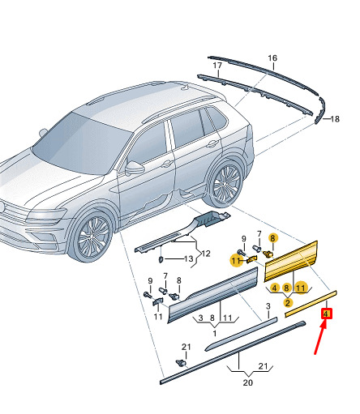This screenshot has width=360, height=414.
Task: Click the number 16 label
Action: pos(272,58)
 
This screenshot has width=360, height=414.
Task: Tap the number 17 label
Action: pos(217,66)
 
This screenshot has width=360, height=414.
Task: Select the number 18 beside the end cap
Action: pos(335,119)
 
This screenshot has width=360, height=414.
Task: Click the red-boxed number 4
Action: pos(326,314)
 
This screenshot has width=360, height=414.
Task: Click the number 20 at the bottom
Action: pos(248,382)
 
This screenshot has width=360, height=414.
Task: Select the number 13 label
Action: pos(189,259)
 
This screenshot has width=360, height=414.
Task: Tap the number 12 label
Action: pos(206,254)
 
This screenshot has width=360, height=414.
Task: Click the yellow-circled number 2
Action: pos(288,303)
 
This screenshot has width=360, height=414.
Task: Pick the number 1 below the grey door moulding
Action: pos(215,334)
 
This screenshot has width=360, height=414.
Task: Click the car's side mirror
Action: pos(135,168)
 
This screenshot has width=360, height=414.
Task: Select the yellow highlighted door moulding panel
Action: pos(291,261)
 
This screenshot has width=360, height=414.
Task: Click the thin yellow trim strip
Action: pos(311,304)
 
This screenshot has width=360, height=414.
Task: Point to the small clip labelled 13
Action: pos(161,259)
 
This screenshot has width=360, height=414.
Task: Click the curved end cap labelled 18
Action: pos(320,110)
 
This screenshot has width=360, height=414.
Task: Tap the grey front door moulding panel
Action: pos(212,295)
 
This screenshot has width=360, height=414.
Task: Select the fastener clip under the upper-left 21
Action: pos(181,363)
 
